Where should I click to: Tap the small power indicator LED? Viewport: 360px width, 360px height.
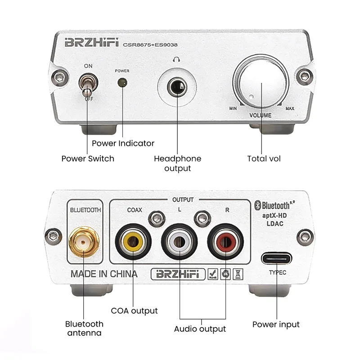click(x=121, y=82)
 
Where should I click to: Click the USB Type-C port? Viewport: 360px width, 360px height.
click(x=276, y=259)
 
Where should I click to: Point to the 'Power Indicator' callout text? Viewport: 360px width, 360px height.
click(x=123, y=144)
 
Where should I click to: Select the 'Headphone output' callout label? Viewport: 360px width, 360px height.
click(x=177, y=163)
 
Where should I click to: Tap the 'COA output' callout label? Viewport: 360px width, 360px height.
click(x=134, y=311)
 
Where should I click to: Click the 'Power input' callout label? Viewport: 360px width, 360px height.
click(x=275, y=324)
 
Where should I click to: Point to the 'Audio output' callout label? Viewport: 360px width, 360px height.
click(x=200, y=329)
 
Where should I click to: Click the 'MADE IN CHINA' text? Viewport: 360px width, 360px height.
click(x=104, y=274)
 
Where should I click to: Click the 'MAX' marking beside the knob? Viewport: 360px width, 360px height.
click(x=290, y=109)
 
